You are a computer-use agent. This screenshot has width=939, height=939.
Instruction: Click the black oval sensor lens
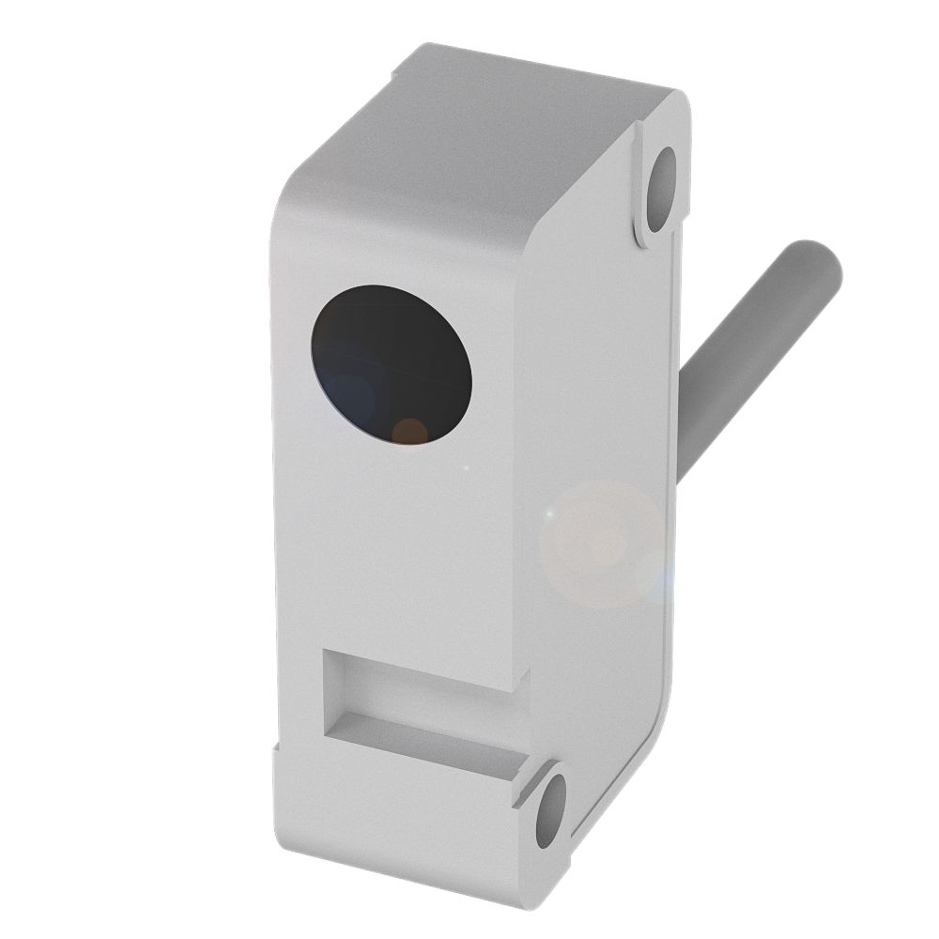coord(392,364)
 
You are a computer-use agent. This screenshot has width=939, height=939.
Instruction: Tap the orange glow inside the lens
coord(408,430)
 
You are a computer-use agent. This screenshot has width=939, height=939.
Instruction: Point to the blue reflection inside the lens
coord(352,394)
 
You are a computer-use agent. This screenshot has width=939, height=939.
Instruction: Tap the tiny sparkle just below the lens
coord(467,467)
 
